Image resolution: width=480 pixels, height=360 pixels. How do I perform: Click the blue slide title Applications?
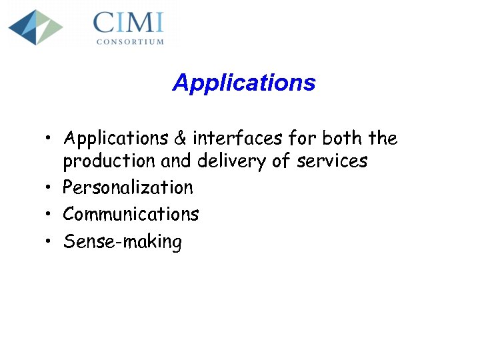(x=243, y=83)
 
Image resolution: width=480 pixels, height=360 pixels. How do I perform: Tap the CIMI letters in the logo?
(x=129, y=23)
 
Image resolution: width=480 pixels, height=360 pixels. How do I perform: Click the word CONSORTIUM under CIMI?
(x=130, y=41)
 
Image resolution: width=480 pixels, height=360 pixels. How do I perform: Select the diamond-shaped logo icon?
(x=35, y=27)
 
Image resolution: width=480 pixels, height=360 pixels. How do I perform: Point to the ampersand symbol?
(x=180, y=139)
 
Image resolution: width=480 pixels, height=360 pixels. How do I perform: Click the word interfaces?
(x=237, y=138)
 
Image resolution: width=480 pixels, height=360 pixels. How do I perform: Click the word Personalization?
(x=128, y=188)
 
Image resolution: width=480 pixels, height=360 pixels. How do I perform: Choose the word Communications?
(x=131, y=214)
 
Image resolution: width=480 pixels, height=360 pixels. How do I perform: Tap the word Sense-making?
(x=122, y=241)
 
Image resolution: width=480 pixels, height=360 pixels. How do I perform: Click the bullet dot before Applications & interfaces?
(x=49, y=139)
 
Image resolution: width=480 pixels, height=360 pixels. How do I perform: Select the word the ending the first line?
(x=383, y=138)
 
